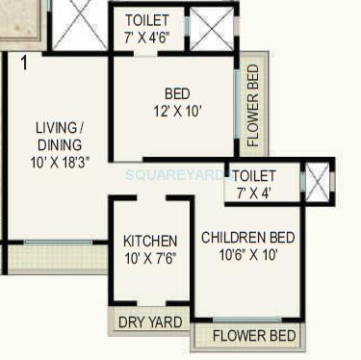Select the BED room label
(x=177, y=93)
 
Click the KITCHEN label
(x=149, y=241)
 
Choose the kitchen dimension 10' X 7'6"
(x=149, y=257)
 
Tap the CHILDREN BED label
(x=247, y=238)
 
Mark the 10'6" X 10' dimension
(x=247, y=255)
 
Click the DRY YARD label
(x=149, y=322)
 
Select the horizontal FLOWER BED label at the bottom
(x=254, y=336)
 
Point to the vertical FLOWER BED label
(x=253, y=105)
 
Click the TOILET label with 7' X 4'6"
(x=147, y=20)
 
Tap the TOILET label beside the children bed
(x=254, y=176)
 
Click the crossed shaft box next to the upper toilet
(x=211, y=29)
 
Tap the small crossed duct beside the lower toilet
(x=317, y=180)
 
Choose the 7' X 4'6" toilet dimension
(x=147, y=37)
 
